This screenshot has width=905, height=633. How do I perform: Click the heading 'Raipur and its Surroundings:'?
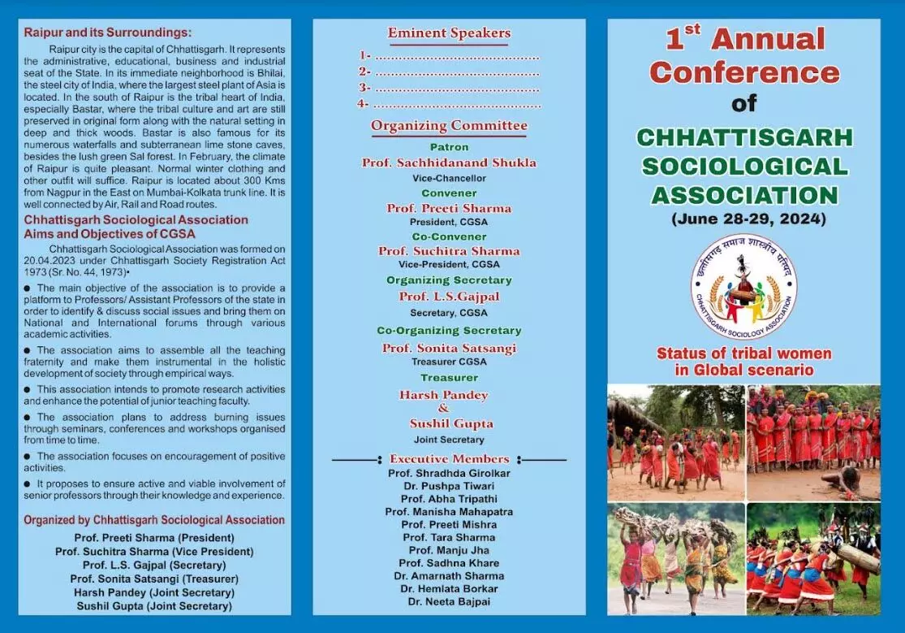[x=108, y=33]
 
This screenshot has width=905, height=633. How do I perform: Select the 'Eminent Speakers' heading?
[x=449, y=33]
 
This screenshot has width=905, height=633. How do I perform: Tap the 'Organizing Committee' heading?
[x=449, y=126]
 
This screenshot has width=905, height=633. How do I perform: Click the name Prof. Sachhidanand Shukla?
[x=449, y=163]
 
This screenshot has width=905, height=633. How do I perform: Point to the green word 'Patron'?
[x=449, y=147]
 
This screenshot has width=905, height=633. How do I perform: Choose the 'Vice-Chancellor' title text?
[x=449, y=178]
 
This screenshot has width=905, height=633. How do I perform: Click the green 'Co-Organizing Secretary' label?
[x=449, y=331]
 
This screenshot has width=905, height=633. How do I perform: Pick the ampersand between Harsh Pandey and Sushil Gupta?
[x=443, y=409]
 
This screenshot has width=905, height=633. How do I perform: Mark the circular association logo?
[x=743, y=286]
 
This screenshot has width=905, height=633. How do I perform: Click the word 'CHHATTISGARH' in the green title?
[x=744, y=137]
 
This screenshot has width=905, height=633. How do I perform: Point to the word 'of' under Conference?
[x=743, y=103]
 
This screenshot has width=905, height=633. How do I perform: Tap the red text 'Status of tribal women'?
[x=743, y=353]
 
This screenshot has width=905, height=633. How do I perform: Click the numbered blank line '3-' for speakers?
[x=449, y=88]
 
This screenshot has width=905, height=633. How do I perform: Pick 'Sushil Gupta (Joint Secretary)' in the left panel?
[x=154, y=606]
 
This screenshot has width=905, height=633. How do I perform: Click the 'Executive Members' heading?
[x=449, y=459]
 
